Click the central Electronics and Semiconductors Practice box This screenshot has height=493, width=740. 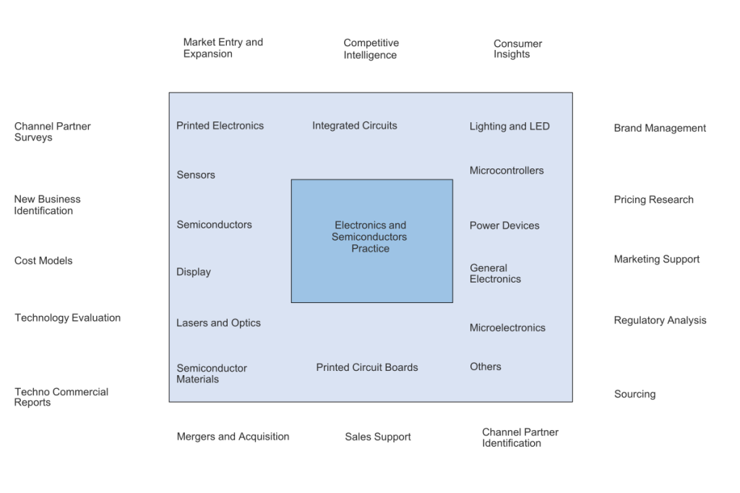click(x=371, y=240)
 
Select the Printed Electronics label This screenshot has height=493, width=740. click(x=220, y=126)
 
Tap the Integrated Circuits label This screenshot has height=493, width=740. click(x=354, y=126)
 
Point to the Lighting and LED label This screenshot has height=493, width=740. click(x=509, y=127)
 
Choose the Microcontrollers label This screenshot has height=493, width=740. click(x=506, y=171)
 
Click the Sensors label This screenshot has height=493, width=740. click(x=195, y=175)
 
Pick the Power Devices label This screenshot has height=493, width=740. click(x=504, y=226)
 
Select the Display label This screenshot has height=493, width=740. click(x=193, y=272)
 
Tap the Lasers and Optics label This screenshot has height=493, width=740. click(x=218, y=323)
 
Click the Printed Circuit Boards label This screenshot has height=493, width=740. click(x=366, y=367)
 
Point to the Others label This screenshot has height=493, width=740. click(x=485, y=366)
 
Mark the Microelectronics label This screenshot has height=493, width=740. click(x=507, y=327)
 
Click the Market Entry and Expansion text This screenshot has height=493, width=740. click(x=223, y=48)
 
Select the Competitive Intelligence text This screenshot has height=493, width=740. click(x=371, y=48)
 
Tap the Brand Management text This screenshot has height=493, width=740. click(x=659, y=128)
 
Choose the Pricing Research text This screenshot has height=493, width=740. click(x=653, y=200)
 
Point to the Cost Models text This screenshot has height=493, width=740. click(x=43, y=260)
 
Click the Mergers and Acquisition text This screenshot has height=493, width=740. click(x=233, y=437)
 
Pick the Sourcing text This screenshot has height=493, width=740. click(x=634, y=394)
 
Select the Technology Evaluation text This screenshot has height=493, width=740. click(x=67, y=317)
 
